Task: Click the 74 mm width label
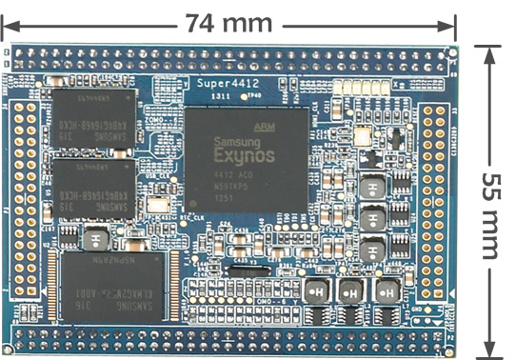(x=228, y=21)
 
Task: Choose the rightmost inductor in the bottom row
(x=387, y=290)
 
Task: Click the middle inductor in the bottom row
(x=351, y=290)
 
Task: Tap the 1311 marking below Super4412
(x=218, y=98)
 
